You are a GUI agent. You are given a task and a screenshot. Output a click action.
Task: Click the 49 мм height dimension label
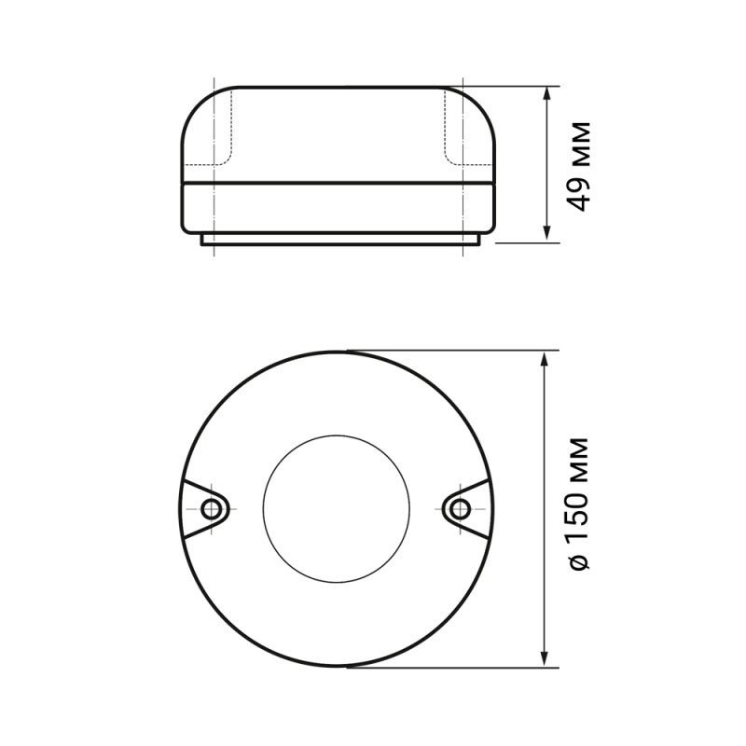coord(578,167)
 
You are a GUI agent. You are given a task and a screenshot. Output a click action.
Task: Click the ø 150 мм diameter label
coord(578,504)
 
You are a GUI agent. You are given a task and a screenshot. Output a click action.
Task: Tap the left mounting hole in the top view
coord(211,509)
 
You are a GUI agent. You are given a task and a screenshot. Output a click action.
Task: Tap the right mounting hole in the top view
coord(459,509)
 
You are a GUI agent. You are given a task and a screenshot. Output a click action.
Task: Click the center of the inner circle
coord(336,508)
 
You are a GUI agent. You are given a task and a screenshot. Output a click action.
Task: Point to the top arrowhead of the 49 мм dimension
coord(546,93)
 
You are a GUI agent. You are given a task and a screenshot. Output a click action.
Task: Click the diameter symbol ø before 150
coord(579,562)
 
